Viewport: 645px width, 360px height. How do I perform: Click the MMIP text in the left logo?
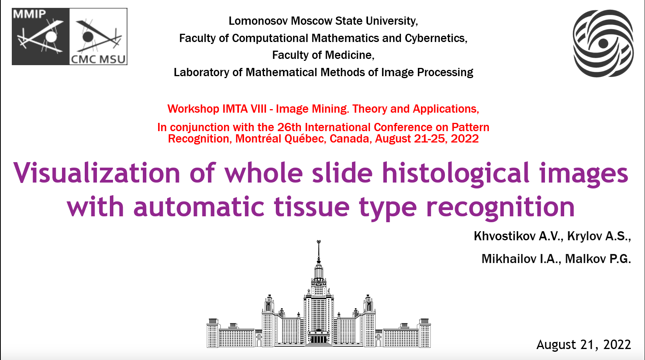coord(29,14)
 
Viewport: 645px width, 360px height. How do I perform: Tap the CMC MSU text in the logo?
coord(98,59)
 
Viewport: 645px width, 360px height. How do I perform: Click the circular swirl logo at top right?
coord(603,43)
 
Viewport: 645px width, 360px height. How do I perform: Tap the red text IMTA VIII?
coord(244,109)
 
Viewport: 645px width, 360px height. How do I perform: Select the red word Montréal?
coord(258,139)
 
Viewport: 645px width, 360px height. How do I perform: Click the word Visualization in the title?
coord(97,173)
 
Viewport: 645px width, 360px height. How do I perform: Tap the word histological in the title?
coord(456,173)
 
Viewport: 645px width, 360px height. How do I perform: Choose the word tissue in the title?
coord(312,206)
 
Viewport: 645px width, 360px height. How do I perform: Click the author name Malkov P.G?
coord(598,259)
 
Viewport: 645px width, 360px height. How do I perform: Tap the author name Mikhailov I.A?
coord(521,259)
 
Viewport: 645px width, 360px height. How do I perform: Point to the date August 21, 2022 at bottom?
coord(584,345)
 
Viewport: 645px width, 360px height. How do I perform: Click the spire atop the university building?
coord(319,251)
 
